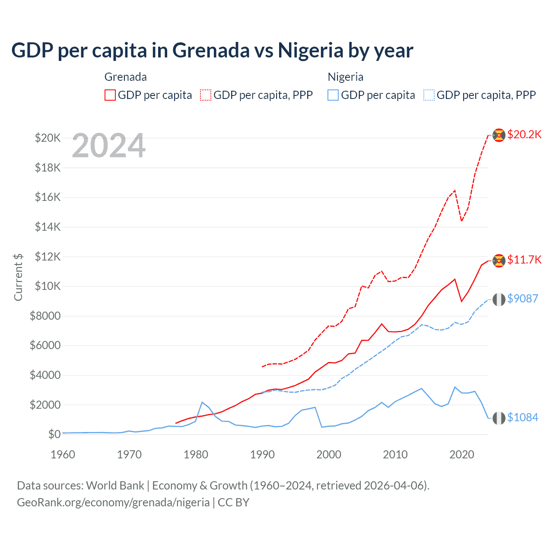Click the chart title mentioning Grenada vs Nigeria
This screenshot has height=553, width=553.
tap(212, 50)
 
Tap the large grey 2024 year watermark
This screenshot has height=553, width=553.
tap(108, 146)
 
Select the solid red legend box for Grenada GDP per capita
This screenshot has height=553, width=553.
tap(110, 95)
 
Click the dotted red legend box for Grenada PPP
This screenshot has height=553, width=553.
tap(206, 95)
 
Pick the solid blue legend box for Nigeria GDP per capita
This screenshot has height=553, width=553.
tap(333, 95)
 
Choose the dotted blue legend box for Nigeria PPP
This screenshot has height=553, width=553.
tap(429, 95)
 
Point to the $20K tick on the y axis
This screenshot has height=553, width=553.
tap(48, 138)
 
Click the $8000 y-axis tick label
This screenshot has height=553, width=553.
tap(45, 316)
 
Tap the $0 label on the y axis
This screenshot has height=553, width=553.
tap(54, 434)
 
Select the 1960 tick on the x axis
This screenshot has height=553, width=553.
tap(63, 454)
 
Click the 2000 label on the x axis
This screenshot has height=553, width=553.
tap(329, 454)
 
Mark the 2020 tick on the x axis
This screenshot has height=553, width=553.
tap(462, 454)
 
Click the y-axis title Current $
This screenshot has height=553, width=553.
tap(18, 277)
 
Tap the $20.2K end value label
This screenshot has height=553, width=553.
tap(524, 134)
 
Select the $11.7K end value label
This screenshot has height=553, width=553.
tap(524, 260)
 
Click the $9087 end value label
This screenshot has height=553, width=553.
tap(522, 299)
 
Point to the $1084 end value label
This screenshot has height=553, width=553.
tap(522, 417)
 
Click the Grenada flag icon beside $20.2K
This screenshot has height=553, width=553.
tap(499, 135)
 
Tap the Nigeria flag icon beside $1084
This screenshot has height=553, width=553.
tap(499, 418)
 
